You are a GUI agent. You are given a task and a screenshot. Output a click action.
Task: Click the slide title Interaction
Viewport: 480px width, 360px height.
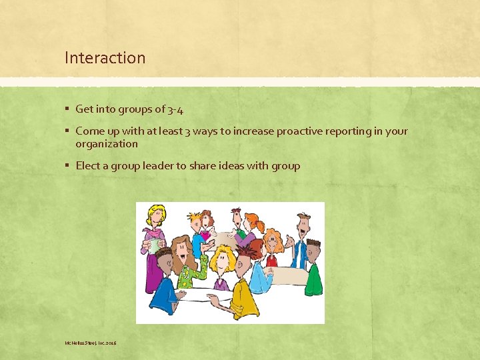[x=105, y=58]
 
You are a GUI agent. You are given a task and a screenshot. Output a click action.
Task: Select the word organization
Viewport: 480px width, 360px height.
[x=107, y=144]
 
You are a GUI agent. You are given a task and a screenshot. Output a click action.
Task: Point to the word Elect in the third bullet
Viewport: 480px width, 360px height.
[x=88, y=166]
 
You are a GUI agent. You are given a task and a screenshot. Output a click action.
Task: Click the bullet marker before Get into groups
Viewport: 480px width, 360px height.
[x=67, y=109]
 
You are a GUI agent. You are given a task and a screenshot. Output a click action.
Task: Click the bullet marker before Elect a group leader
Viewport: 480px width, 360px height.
[x=67, y=166]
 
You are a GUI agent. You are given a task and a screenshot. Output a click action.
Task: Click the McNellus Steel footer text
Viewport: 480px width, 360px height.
[x=91, y=343]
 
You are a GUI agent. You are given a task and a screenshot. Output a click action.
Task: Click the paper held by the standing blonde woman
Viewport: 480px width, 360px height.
[x=155, y=245]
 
